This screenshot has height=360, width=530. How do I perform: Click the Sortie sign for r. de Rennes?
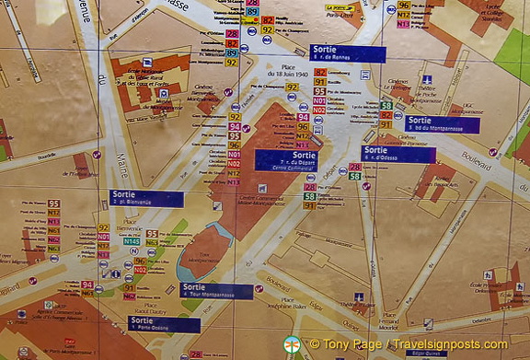coord(347,53)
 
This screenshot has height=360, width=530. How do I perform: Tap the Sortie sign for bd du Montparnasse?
coord(443,124)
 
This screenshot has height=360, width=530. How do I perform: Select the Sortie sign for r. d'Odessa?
coord(397,154)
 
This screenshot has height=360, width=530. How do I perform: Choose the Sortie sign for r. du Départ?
coord(285,160)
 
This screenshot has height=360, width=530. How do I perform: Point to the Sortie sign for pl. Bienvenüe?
coord(145,198)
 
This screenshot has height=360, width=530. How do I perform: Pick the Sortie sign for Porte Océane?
coord(164,324)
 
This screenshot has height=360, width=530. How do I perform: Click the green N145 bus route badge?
coord(132,241)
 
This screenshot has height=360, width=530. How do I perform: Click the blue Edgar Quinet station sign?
coord(426,353)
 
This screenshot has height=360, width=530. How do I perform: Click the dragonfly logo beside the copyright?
coord(293,344)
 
